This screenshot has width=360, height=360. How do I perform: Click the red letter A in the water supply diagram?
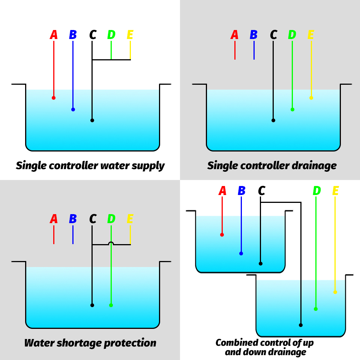[x=54, y=35]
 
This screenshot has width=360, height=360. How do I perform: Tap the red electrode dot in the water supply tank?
[x=54, y=98]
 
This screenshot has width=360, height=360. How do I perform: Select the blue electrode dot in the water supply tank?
[x=73, y=109]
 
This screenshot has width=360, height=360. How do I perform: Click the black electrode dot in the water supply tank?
[x=92, y=120]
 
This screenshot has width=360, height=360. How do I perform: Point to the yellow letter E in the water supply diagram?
[x=130, y=35]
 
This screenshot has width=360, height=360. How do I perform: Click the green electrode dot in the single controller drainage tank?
[x=292, y=109]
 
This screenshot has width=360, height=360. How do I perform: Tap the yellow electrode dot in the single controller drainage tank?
[x=311, y=98]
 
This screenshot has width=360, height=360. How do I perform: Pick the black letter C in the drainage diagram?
[x=273, y=35]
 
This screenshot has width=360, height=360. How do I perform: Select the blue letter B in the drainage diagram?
[x=254, y=35]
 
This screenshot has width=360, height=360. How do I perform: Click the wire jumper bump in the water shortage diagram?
[x=111, y=243]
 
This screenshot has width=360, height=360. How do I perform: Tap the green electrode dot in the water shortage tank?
[x=111, y=305]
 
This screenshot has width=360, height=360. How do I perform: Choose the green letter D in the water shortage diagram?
[x=111, y=219]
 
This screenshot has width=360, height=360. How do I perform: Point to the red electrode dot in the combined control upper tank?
[x=222, y=235]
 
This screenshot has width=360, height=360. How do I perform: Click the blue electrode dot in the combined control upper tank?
[x=241, y=253]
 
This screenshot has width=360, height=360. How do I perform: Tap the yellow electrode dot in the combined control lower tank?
[x=335, y=292]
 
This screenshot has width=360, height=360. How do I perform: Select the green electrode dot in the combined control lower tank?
[x=316, y=309]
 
